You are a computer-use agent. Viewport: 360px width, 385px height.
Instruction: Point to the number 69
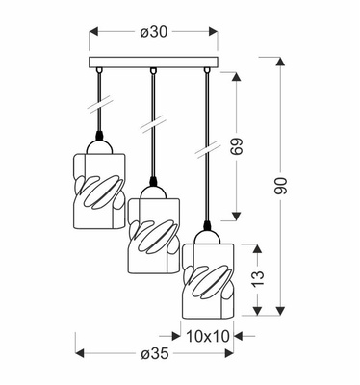tap(253, 150)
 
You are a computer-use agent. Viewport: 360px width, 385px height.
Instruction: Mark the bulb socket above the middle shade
tap(151, 182)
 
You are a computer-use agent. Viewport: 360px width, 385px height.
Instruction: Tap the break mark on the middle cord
tap(151, 125)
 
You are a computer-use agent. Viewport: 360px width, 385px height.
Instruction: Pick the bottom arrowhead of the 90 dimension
tap(281, 315)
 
